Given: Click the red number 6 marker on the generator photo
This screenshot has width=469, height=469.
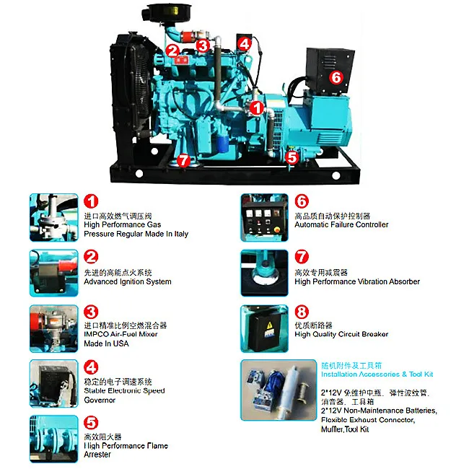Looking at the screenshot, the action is pos(336,77).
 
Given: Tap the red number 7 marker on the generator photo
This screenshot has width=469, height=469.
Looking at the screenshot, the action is pos(183,160).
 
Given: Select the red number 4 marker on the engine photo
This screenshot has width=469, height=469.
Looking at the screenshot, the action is pos(245,44).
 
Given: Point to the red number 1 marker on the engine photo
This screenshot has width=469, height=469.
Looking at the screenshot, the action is pos(257,108).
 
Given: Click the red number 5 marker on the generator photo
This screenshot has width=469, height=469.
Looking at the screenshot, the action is pos(292,157).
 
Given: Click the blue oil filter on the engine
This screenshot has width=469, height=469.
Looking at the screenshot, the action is pos(222,143).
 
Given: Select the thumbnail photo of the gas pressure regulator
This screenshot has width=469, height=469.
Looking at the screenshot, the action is pos(54,217).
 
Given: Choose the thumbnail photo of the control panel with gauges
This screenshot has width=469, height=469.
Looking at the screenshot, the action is pos(264,217).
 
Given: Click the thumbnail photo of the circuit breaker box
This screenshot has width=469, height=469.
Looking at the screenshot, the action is pos(264,329).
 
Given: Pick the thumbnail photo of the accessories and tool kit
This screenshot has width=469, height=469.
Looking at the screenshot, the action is pos(279,390).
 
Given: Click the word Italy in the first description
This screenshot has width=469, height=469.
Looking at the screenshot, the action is pos(181,234).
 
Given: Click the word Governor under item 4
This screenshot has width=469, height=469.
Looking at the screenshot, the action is pos(100,400).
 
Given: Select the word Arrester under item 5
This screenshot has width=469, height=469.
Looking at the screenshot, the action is pos(97,455).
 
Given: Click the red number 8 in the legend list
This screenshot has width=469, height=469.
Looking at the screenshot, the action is pos(302,312).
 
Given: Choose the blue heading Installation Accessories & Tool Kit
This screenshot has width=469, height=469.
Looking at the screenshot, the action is pos(377,374).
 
